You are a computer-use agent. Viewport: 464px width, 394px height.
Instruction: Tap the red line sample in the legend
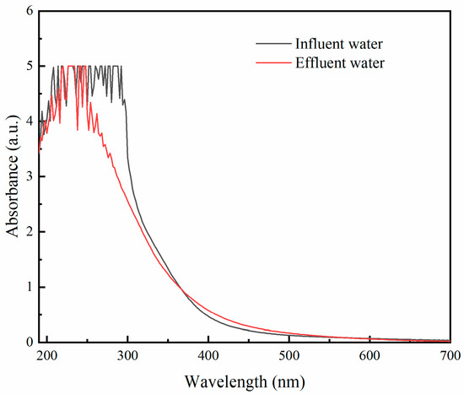point(272,62)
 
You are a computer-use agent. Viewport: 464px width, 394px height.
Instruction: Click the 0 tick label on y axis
point(30,343)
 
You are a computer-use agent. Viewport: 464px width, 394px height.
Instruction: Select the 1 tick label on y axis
point(30,288)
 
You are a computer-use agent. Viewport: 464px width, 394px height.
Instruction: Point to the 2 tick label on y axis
point(30,232)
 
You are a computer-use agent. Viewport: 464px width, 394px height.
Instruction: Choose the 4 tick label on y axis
point(30,121)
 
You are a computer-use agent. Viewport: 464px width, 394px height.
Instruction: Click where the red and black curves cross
point(182,291)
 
